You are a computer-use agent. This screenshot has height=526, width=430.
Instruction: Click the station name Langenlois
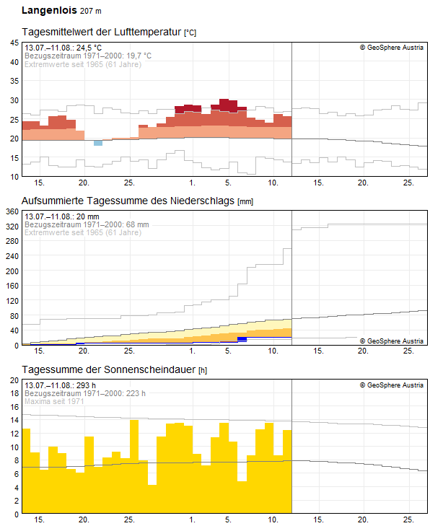pos(49,10)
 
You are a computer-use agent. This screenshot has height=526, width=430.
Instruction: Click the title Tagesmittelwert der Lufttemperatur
pos(102,32)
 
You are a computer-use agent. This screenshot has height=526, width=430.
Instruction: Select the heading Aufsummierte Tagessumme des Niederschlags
pos(128,201)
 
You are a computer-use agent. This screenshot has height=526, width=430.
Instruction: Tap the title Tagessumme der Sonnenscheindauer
pos(109,369)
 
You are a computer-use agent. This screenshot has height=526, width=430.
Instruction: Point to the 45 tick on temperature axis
pos(14,43)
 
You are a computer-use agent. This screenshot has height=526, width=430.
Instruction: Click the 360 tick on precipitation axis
pos(12,211)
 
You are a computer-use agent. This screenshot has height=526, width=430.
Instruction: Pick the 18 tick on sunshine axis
pos(14,393)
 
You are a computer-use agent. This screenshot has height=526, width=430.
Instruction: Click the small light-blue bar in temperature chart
pos(98,143)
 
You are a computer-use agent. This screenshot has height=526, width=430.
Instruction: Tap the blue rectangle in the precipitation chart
pos(242,339)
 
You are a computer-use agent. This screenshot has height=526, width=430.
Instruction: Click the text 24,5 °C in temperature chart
pos(89,48)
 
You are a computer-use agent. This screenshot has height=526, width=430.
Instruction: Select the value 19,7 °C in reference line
pos(139,56)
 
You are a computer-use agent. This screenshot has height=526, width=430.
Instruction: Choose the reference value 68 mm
pos(138,224)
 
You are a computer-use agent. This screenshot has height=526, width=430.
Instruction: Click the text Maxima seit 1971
pos(54,402)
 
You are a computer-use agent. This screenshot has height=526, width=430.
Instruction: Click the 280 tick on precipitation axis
pos(12,241)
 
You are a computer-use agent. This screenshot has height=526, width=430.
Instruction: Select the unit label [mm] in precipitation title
pos(245,201)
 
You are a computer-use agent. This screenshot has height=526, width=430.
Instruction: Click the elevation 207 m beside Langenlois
pos(91,11)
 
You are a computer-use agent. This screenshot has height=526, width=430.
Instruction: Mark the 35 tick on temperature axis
pos(14,81)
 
